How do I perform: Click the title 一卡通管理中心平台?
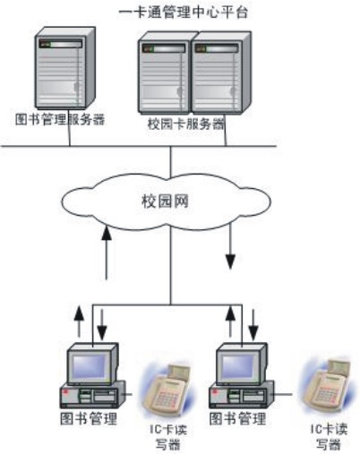tap(184, 13)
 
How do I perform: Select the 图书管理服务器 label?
tap(60, 119)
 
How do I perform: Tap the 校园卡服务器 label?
tap(185, 124)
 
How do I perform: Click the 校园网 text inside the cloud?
tap(165, 201)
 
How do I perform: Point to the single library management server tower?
tap(64, 67)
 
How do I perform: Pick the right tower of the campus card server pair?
tap(221, 73)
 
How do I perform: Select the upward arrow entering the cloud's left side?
tap(107, 253)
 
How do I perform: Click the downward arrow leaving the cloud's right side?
tap(230, 246)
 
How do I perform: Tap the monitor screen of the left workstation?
tap(90, 367)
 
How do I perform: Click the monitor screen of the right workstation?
tap(238, 367)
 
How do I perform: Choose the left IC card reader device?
tap(167, 390)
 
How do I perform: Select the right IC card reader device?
tap(327, 385)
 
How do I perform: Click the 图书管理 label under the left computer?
tap(89, 418)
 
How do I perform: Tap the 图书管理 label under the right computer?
tap(237, 418)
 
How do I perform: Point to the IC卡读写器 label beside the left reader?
tap(167, 437)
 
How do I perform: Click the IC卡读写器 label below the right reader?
tap(329, 437)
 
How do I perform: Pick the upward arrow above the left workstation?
tap(79, 321)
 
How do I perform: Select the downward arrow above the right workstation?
tap(253, 325)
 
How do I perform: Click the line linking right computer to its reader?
tap(282, 395)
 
